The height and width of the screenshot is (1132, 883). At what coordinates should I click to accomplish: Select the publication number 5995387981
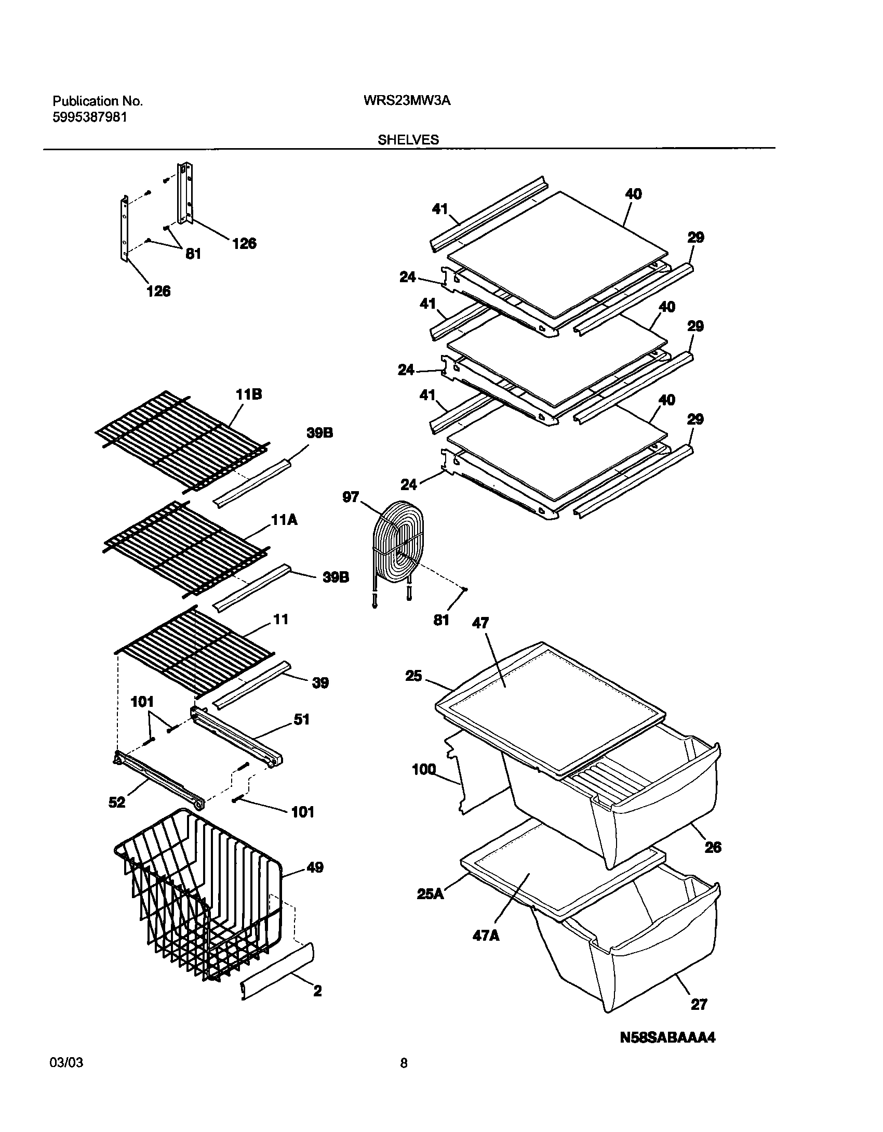coord(90,132)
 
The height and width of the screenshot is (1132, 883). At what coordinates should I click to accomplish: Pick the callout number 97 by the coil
coord(351,497)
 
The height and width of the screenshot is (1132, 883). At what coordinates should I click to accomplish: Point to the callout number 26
coord(713,848)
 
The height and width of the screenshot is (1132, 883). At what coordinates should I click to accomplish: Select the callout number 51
coord(301,719)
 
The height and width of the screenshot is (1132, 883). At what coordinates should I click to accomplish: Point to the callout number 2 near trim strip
coord(317,991)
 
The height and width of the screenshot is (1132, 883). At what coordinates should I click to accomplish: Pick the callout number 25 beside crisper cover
coord(413,677)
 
